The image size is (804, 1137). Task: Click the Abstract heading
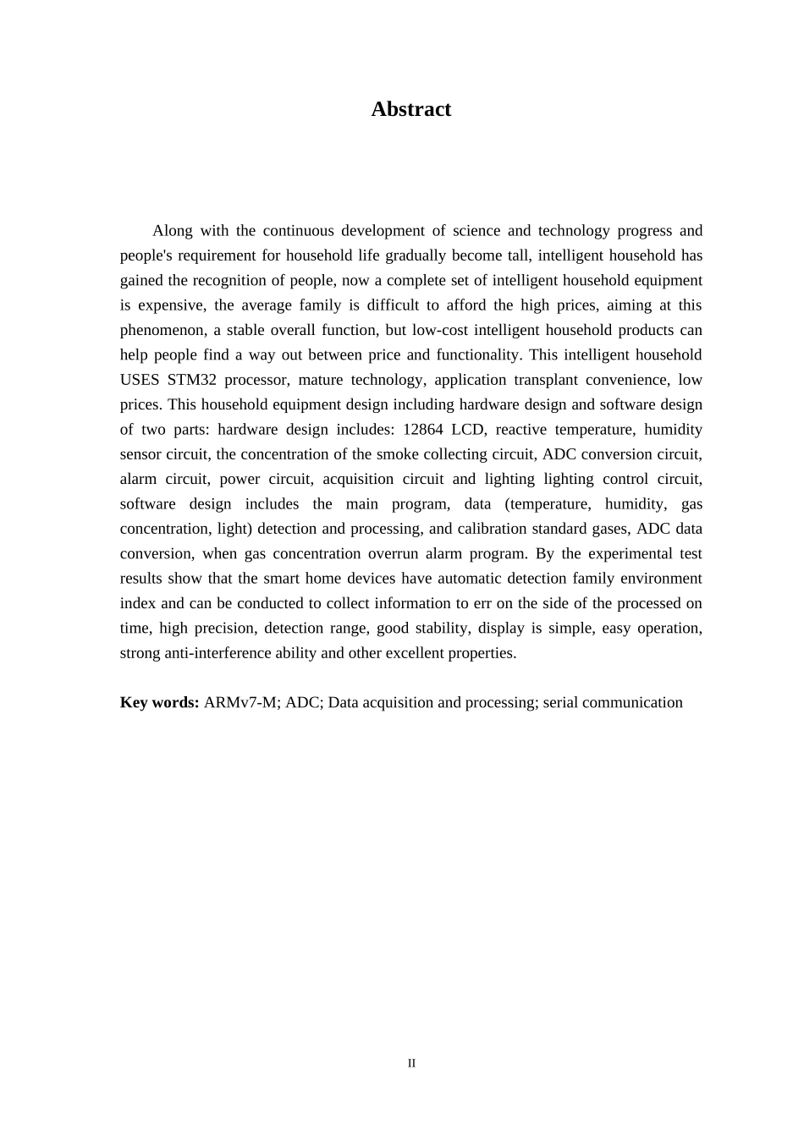[410, 109]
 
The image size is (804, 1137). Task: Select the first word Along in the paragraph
[172, 231]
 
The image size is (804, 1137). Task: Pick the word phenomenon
[160, 330]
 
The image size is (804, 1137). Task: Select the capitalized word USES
[140, 380]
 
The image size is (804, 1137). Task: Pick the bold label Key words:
[159, 703]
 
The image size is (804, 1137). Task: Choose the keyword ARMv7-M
[240, 703]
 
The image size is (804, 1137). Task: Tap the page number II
[411, 1063]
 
